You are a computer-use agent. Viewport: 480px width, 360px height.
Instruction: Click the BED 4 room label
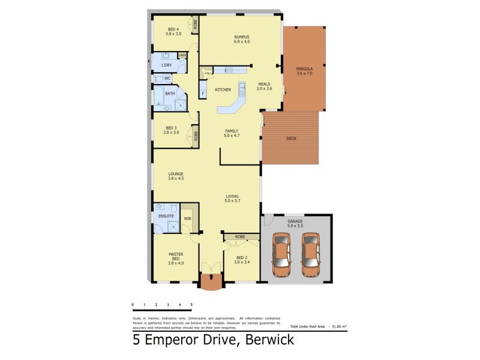pyautogui.click(x=174, y=32)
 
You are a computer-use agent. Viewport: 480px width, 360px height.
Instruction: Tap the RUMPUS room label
pyautogui.click(x=242, y=39)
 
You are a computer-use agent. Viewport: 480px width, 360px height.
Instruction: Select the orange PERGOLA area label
pyautogui.click(x=304, y=71)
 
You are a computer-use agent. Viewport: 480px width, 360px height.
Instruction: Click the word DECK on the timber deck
pyautogui.click(x=291, y=139)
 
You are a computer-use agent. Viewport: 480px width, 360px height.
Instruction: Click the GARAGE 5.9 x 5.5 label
pyautogui.click(x=295, y=223)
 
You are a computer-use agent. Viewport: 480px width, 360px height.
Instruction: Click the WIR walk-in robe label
pyautogui.click(x=187, y=218)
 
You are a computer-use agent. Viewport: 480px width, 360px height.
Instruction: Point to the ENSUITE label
pyautogui.click(x=166, y=215)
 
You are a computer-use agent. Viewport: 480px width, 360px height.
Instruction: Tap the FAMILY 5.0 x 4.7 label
pyautogui.click(x=232, y=133)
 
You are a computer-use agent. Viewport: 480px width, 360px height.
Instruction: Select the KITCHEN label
pyautogui.click(x=223, y=89)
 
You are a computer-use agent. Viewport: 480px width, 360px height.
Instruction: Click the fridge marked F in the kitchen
pyautogui.click(x=203, y=93)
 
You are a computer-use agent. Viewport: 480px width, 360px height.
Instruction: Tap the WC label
pyautogui.click(x=167, y=78)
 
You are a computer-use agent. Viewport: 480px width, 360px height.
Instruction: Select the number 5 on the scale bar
pyautogui.click(x=191, y=305)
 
